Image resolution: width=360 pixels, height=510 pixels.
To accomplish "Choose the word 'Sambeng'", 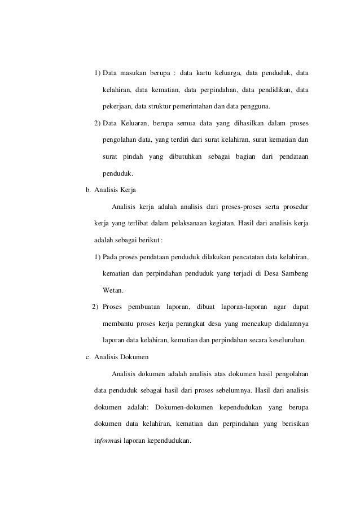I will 294,274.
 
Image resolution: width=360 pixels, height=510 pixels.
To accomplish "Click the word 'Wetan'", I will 113,291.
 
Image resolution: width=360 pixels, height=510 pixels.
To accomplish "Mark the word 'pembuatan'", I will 144,308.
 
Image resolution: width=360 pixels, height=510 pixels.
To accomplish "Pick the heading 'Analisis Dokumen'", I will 121,356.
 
